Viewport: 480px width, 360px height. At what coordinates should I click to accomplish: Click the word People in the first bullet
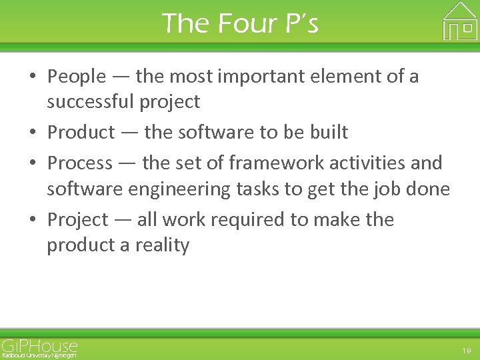(x=77, y=77)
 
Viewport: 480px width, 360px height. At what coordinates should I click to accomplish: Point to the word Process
(x=80, y=163)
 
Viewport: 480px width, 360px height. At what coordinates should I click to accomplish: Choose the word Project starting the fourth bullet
(x=77, y=220)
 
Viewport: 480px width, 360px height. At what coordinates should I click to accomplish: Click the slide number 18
(x=466, y=350)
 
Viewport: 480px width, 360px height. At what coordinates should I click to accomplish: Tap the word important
(x=251, y=77)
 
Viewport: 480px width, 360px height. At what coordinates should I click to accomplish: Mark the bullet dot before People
(x=33, y=77)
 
